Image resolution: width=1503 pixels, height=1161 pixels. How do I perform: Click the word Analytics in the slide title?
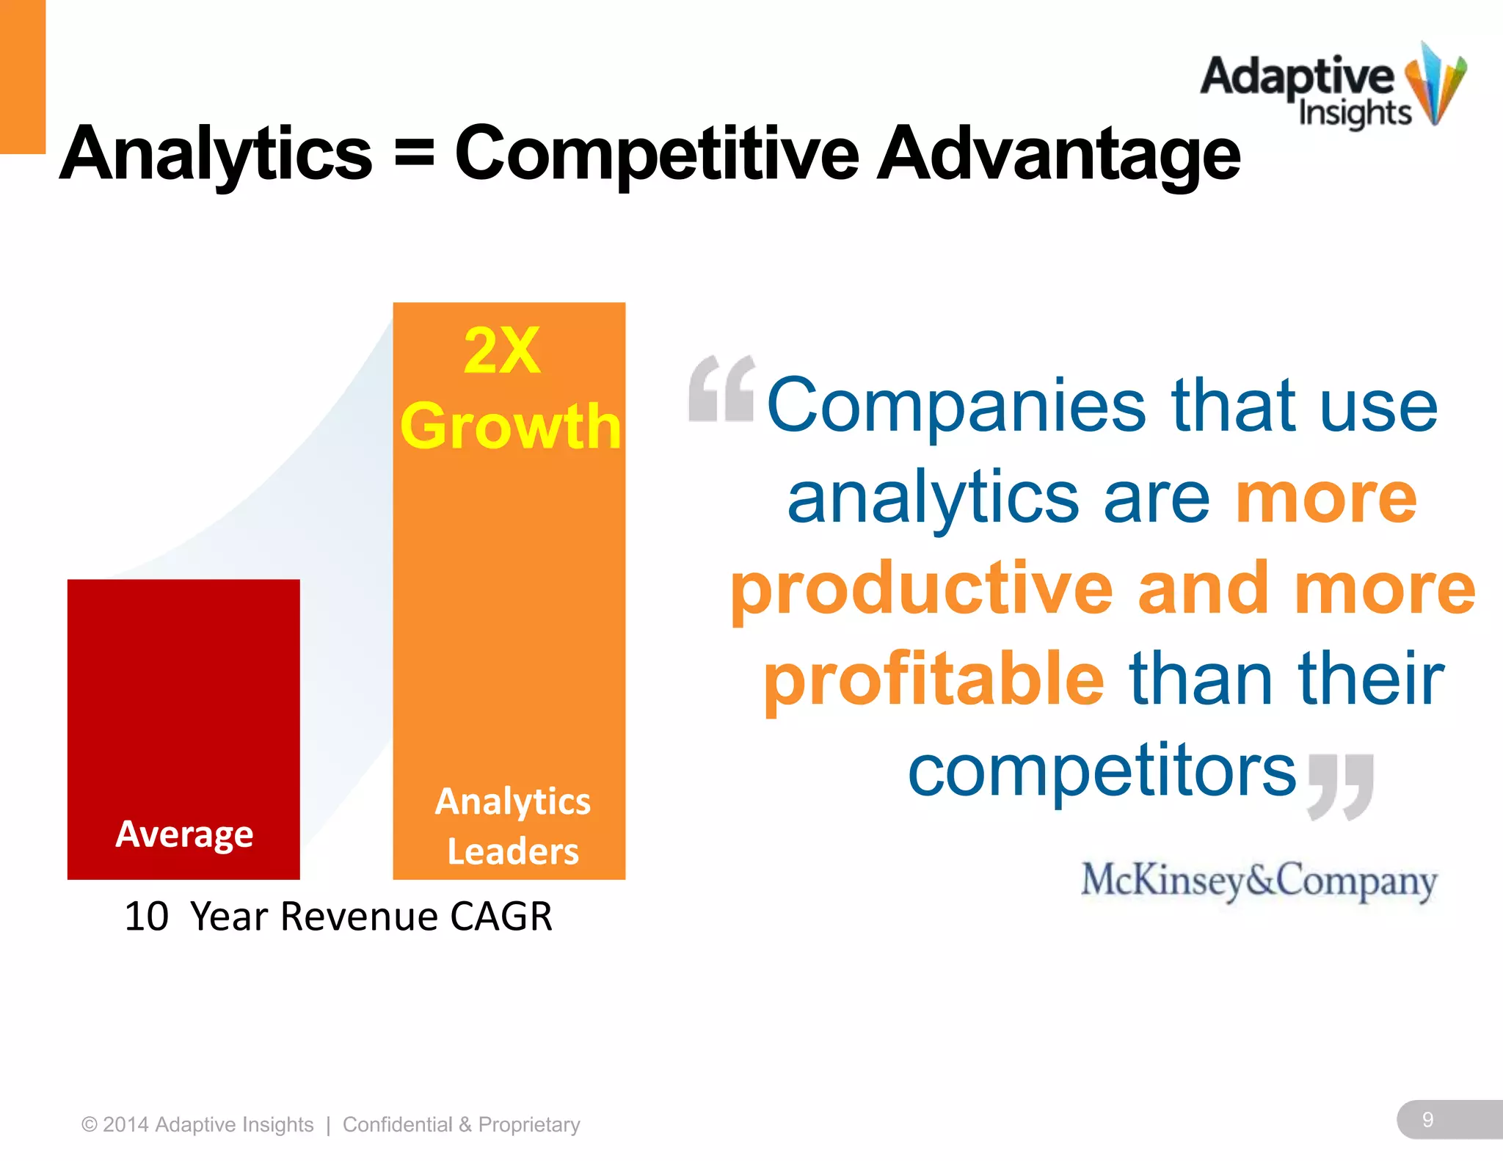tap(216, 154)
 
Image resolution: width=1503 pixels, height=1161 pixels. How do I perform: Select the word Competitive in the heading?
tap(657, 154)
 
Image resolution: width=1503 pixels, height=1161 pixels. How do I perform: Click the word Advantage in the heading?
tap(1058, 154)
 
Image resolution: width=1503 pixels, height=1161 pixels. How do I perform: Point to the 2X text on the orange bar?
tap(503, 351)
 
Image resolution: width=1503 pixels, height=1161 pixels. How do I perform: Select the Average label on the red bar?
tap(184, 834)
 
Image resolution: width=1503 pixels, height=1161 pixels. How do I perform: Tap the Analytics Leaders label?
tap(512, 826)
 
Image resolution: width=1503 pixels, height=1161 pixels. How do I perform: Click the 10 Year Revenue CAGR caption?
tap(338, 917)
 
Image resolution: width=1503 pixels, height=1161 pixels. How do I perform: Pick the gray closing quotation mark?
tap(1341, 786)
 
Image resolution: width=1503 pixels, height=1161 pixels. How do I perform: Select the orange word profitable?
tap(934, 680)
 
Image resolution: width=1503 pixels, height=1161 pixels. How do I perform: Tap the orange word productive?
tap(922, 589)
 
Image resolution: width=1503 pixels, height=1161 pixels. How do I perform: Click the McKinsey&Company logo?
tap(1259, 881)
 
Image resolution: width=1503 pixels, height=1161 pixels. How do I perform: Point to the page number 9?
tap(1427, 1119)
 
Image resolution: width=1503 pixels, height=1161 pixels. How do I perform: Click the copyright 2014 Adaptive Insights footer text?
tap(197, 1124)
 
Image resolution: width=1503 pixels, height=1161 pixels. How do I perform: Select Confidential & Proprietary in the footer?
tap(461, 1124)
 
